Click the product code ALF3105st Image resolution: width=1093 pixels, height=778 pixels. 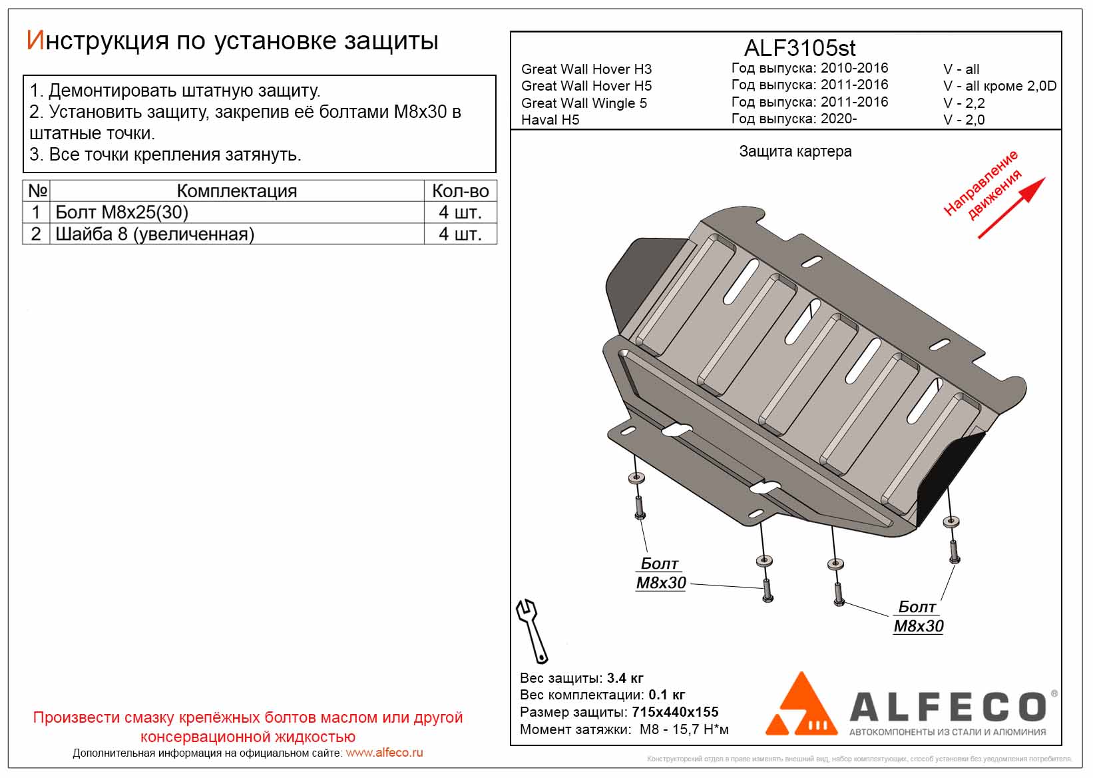799,48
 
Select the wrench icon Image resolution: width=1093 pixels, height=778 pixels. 532,629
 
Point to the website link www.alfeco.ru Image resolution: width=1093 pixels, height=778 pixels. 384,753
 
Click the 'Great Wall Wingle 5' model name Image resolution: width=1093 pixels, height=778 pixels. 584,103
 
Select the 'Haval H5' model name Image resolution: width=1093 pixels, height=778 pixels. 550,120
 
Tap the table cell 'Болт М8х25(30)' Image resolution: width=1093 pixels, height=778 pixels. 122,212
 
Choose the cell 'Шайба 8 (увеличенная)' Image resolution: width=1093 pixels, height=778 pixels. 154,234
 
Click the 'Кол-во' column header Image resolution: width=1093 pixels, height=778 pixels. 460,191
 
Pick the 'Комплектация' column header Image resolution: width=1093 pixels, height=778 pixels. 236,191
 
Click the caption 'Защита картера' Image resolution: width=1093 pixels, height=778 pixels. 795,152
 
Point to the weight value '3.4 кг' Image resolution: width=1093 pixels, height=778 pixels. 625,678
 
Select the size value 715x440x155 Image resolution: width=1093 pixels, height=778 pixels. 675,712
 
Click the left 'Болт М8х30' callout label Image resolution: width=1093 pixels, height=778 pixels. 660,574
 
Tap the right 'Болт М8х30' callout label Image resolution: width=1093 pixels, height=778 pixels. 918,617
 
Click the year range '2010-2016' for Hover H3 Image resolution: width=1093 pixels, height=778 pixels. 854,68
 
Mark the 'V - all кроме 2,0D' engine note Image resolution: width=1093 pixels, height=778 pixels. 999,86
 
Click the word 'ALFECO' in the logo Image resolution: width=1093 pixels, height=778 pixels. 947,706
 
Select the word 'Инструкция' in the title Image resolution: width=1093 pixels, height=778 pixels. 97,41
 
